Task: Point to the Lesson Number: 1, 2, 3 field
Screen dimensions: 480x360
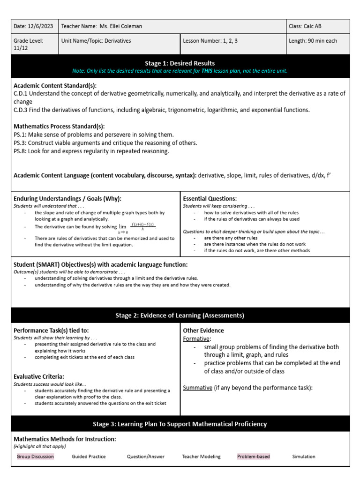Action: pyautogui.click(x=210, y=41)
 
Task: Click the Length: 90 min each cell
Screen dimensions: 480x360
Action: pyautogui.click(x=313, y=41)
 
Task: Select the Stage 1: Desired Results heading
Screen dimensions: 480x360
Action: pyautogui.click(x=180, y=63)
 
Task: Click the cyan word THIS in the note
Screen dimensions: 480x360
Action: pyautogui.click(x=207, y=71)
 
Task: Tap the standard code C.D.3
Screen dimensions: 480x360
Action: pyautogui.click(x=21, y=110)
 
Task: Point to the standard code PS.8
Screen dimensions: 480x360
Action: pyautogui.click(x=20, y=151)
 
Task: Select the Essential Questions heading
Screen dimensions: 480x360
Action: pyautogui.click(x=210, y=198)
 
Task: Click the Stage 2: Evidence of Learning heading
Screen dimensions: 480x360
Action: pyautogui.click(x=180, y=315)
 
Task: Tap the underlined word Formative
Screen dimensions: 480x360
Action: pyautogui.click(x=196, y=338)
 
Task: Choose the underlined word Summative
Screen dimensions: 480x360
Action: pyautogui.click(x=197, y=388)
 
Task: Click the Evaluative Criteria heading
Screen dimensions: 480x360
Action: pyautogui.click(x=39, y=376)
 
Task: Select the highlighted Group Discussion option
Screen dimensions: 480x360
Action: pyautogui.click(x=35, y=456)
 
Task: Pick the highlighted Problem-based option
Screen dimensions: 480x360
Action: pyautogui.click(x=254, y=456)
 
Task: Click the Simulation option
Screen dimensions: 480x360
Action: pyautogui.click(x=304, y=456)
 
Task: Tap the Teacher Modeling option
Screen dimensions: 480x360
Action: pyautogui.click(x=201, y=456)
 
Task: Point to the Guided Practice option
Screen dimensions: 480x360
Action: pyautogui.click(x=89, y=456)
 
